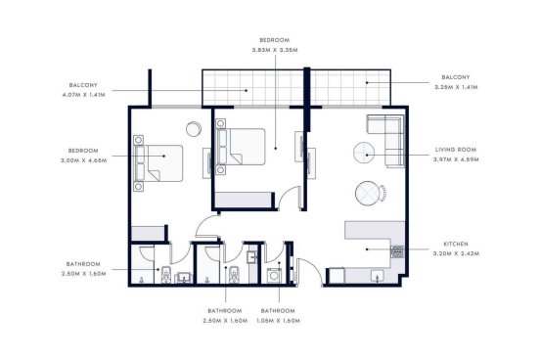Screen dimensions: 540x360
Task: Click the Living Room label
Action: pos(456,150)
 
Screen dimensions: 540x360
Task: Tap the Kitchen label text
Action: pos(456,244)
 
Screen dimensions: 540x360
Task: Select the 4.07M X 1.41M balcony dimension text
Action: pos(83,94)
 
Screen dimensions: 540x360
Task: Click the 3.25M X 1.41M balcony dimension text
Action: pos(456,87)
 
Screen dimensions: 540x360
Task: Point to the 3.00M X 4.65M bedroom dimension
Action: pos(83,160)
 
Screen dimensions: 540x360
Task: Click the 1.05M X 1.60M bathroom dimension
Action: pos(278,321)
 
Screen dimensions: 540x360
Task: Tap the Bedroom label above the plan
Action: pos(275,40)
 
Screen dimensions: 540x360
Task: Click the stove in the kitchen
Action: pos(397,251)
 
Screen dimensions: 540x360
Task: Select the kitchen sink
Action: pos(378,276)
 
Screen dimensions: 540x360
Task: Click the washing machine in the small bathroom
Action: pos(274,276)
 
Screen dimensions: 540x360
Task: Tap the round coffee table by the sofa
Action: pos(364,153)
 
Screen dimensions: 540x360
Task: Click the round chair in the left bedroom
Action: pos(194,129)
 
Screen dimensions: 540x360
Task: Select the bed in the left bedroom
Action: pos(158,163)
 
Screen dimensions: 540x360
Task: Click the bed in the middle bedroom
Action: pos(241,147)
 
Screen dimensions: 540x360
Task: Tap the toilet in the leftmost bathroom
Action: pos(166,275)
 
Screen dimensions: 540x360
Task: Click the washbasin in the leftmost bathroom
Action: pos(184,278)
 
